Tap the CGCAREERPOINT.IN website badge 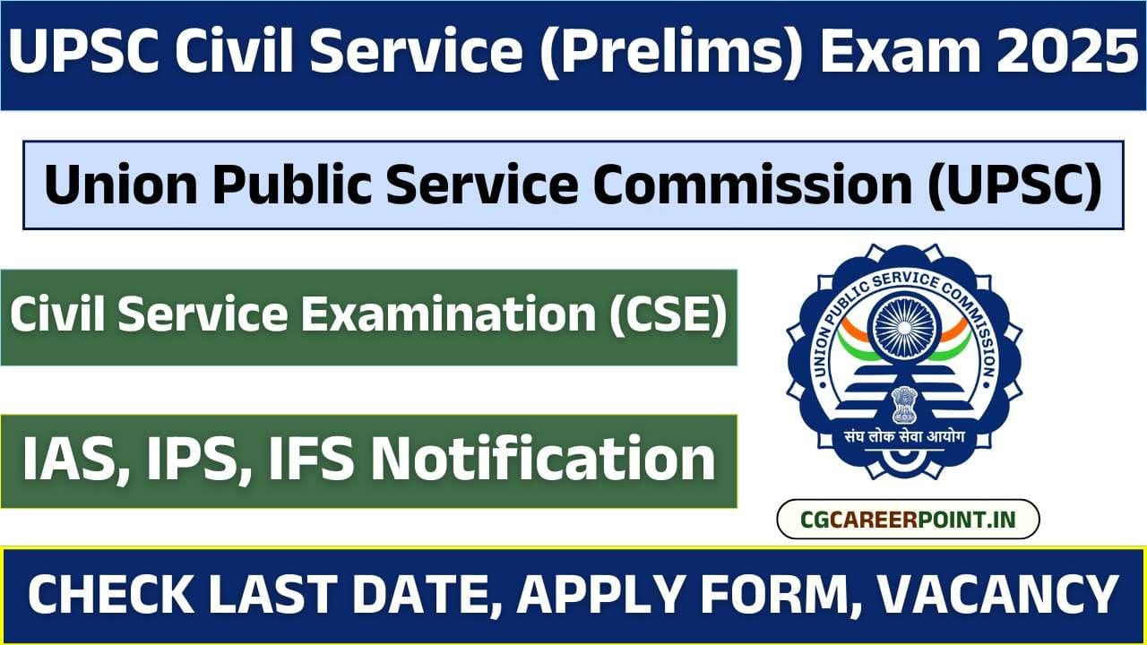pyautogui.click(x=907, y=520)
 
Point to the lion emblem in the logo pyautogui.click(x=903, y=403)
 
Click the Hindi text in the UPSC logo pyautogui.click(x=903, y=439)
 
